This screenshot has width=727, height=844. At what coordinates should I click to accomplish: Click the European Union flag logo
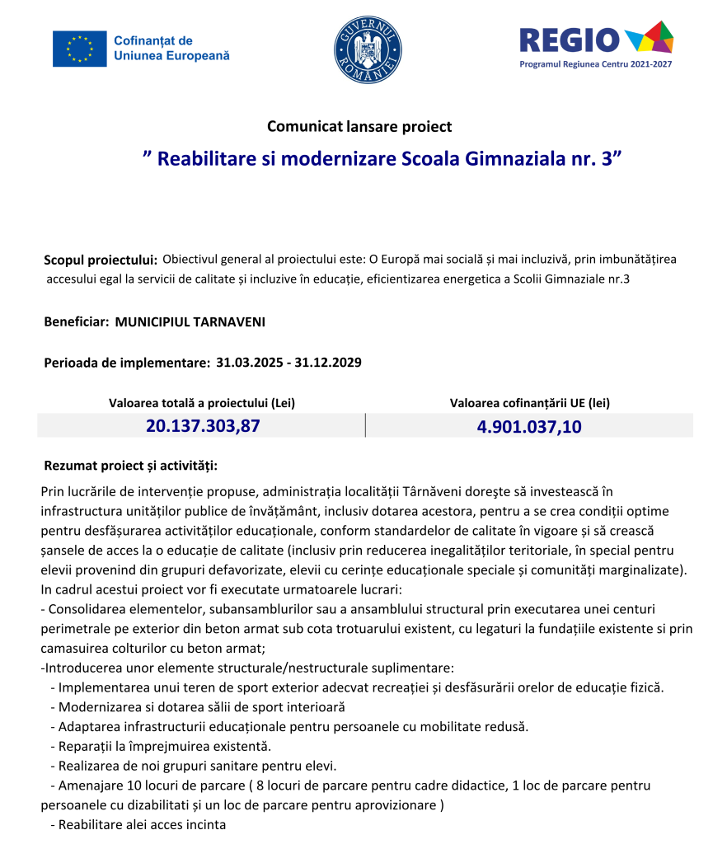80,49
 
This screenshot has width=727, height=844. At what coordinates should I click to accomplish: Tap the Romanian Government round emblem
368,49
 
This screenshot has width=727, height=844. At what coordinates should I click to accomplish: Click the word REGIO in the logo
569,40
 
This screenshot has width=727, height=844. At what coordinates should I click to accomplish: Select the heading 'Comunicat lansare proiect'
359,127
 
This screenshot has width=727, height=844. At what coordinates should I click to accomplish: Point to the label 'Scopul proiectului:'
101,260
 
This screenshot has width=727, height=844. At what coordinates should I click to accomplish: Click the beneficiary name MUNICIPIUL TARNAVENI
190,321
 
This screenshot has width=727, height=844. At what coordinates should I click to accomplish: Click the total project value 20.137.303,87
203,426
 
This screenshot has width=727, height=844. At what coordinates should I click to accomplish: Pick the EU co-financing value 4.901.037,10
529,426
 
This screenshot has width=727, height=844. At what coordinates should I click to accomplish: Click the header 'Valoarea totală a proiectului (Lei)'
202,403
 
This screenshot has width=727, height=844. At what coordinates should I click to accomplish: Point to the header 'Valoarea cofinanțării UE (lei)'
530,403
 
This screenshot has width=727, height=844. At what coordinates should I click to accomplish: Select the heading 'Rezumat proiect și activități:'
130,467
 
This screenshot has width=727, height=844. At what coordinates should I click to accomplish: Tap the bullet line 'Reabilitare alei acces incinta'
142,824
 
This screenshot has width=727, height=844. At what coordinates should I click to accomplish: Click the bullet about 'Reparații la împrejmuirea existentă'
165,746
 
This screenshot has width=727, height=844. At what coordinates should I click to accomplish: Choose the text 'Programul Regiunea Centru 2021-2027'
595,64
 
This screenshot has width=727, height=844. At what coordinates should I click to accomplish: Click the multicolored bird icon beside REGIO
650,38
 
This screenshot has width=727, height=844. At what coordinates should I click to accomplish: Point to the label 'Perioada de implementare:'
126,362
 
